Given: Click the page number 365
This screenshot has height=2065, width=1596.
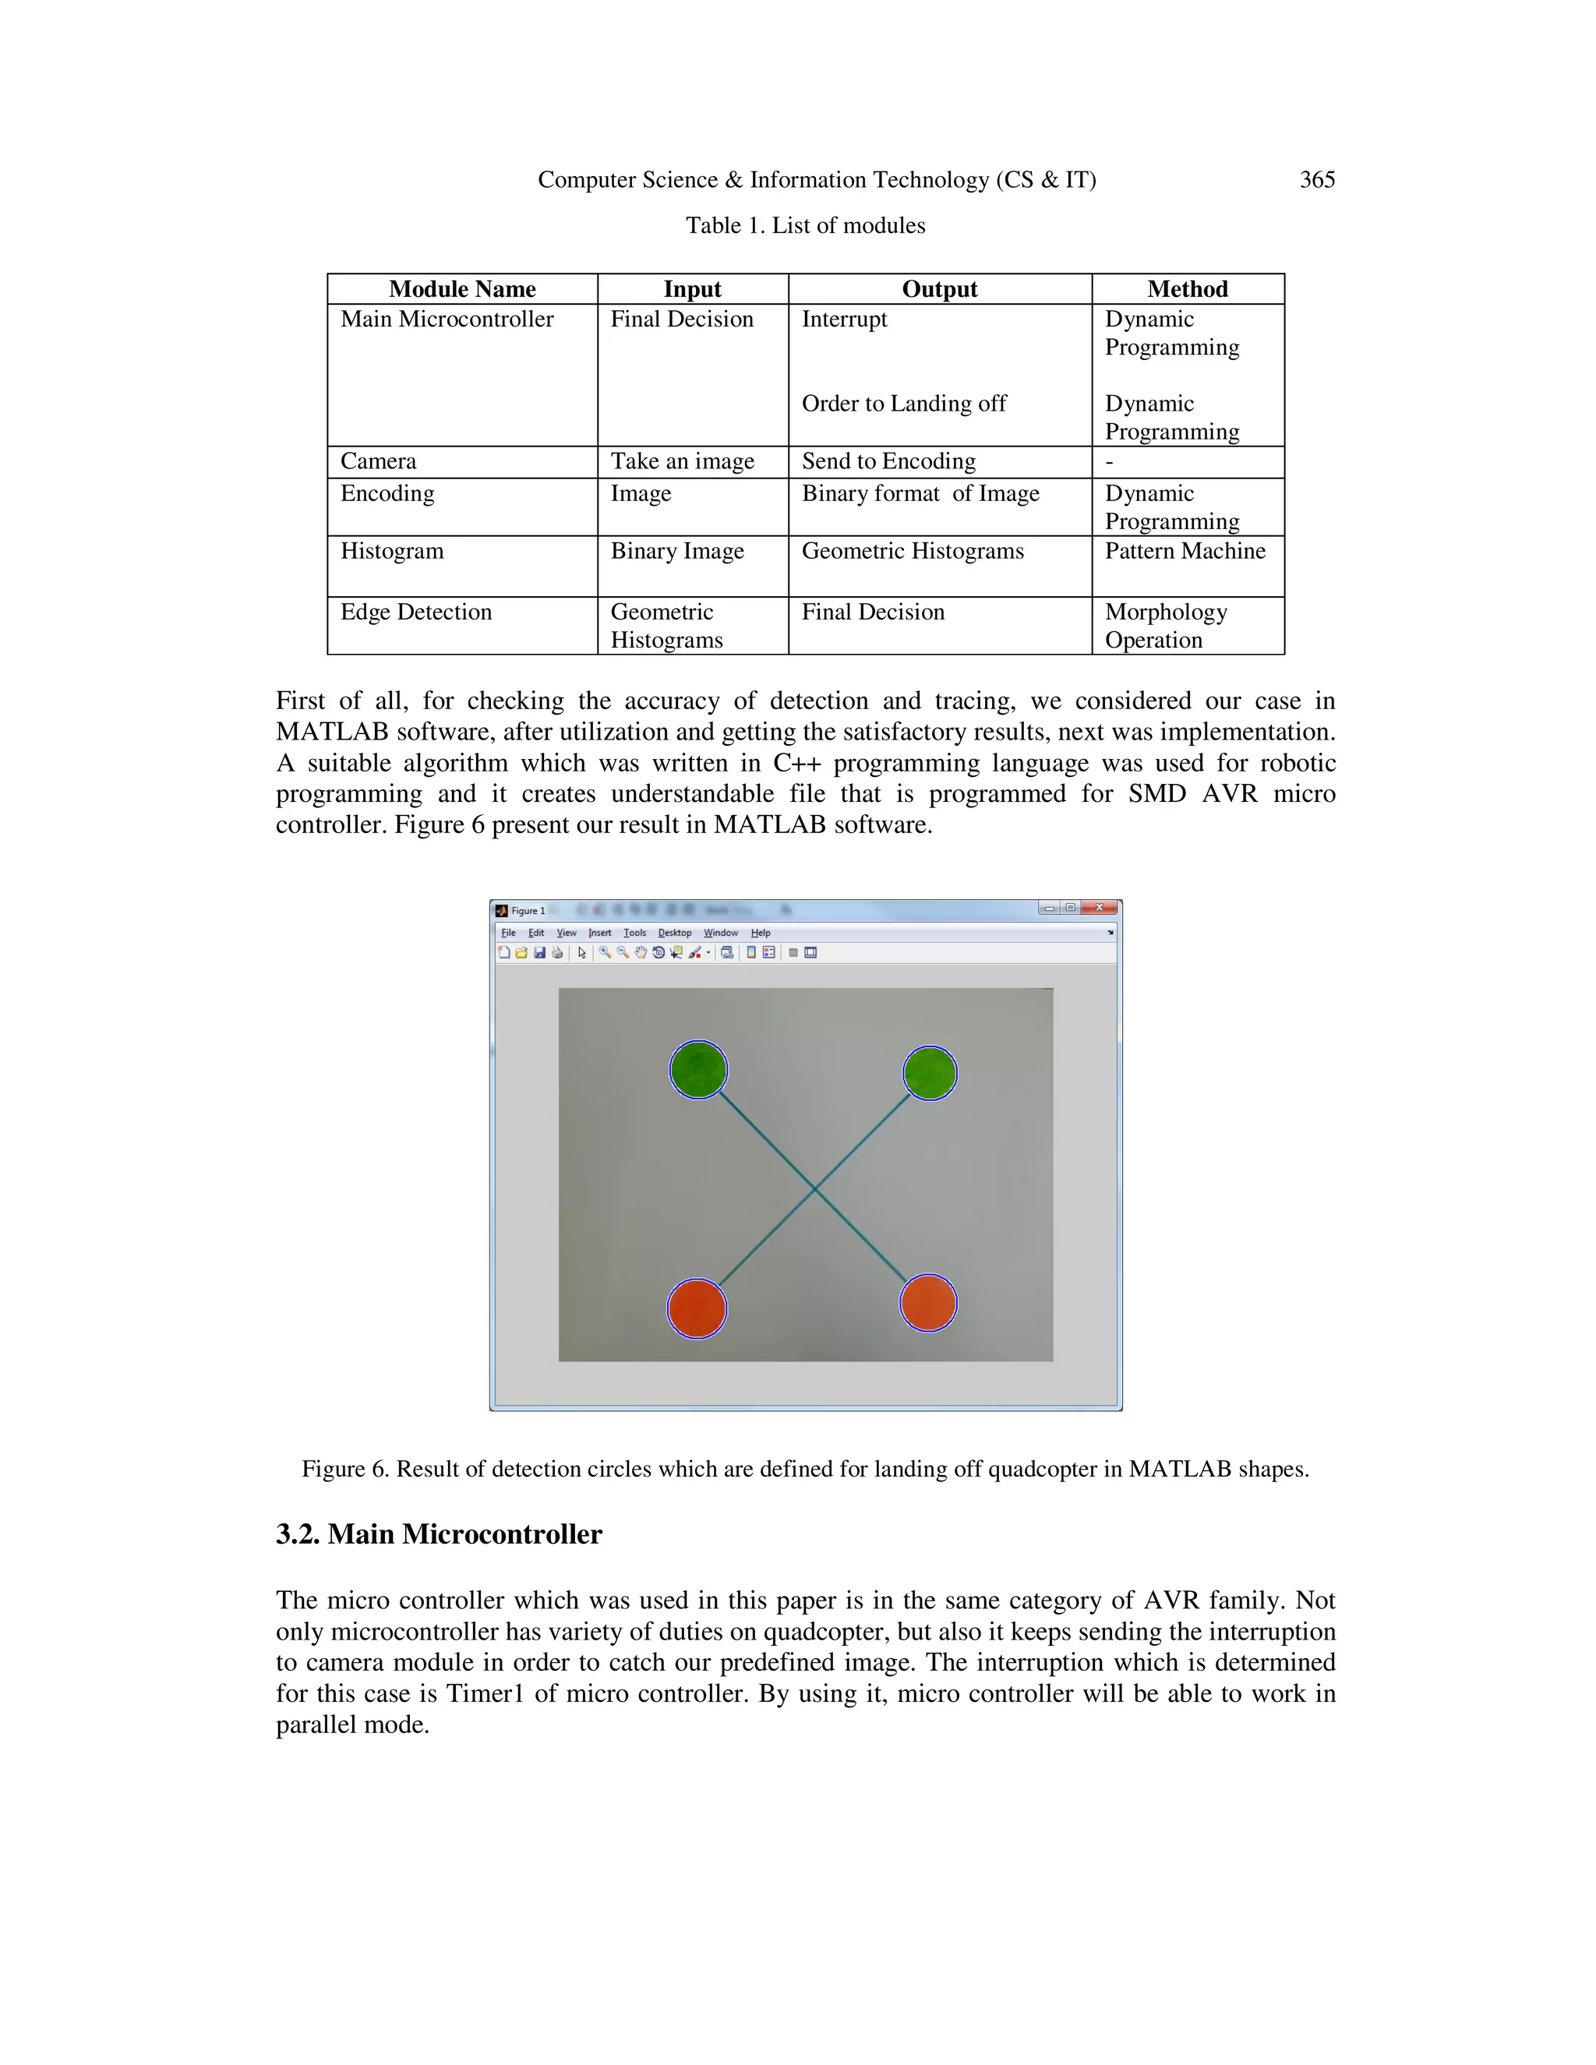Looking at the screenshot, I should coord(1316,180).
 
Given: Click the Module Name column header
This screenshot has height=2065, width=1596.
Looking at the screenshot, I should coord(461,289).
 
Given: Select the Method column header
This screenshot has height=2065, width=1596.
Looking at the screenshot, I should coord(1187,289).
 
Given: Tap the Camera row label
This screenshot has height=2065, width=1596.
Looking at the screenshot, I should coord(378,461).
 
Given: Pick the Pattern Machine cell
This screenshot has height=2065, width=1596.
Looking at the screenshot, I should coord(1184,551).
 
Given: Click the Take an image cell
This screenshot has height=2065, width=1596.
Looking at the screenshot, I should coord(682,461).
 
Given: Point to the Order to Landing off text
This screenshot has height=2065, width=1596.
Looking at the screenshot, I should coord(903,404).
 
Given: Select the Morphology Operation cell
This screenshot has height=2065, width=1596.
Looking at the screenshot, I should coord(1165,626).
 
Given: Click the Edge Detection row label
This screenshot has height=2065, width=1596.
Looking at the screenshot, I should coord(416,612).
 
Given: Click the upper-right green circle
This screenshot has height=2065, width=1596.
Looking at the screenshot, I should coord(930,1073).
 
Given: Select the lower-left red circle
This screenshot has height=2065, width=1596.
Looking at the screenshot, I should coord(697,1308).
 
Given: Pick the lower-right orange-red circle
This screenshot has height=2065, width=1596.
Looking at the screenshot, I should coord(927,1303).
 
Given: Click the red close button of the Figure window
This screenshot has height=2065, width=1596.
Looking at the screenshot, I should coord(1099,908).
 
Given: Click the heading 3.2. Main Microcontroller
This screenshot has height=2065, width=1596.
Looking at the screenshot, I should coord(439,1534).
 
